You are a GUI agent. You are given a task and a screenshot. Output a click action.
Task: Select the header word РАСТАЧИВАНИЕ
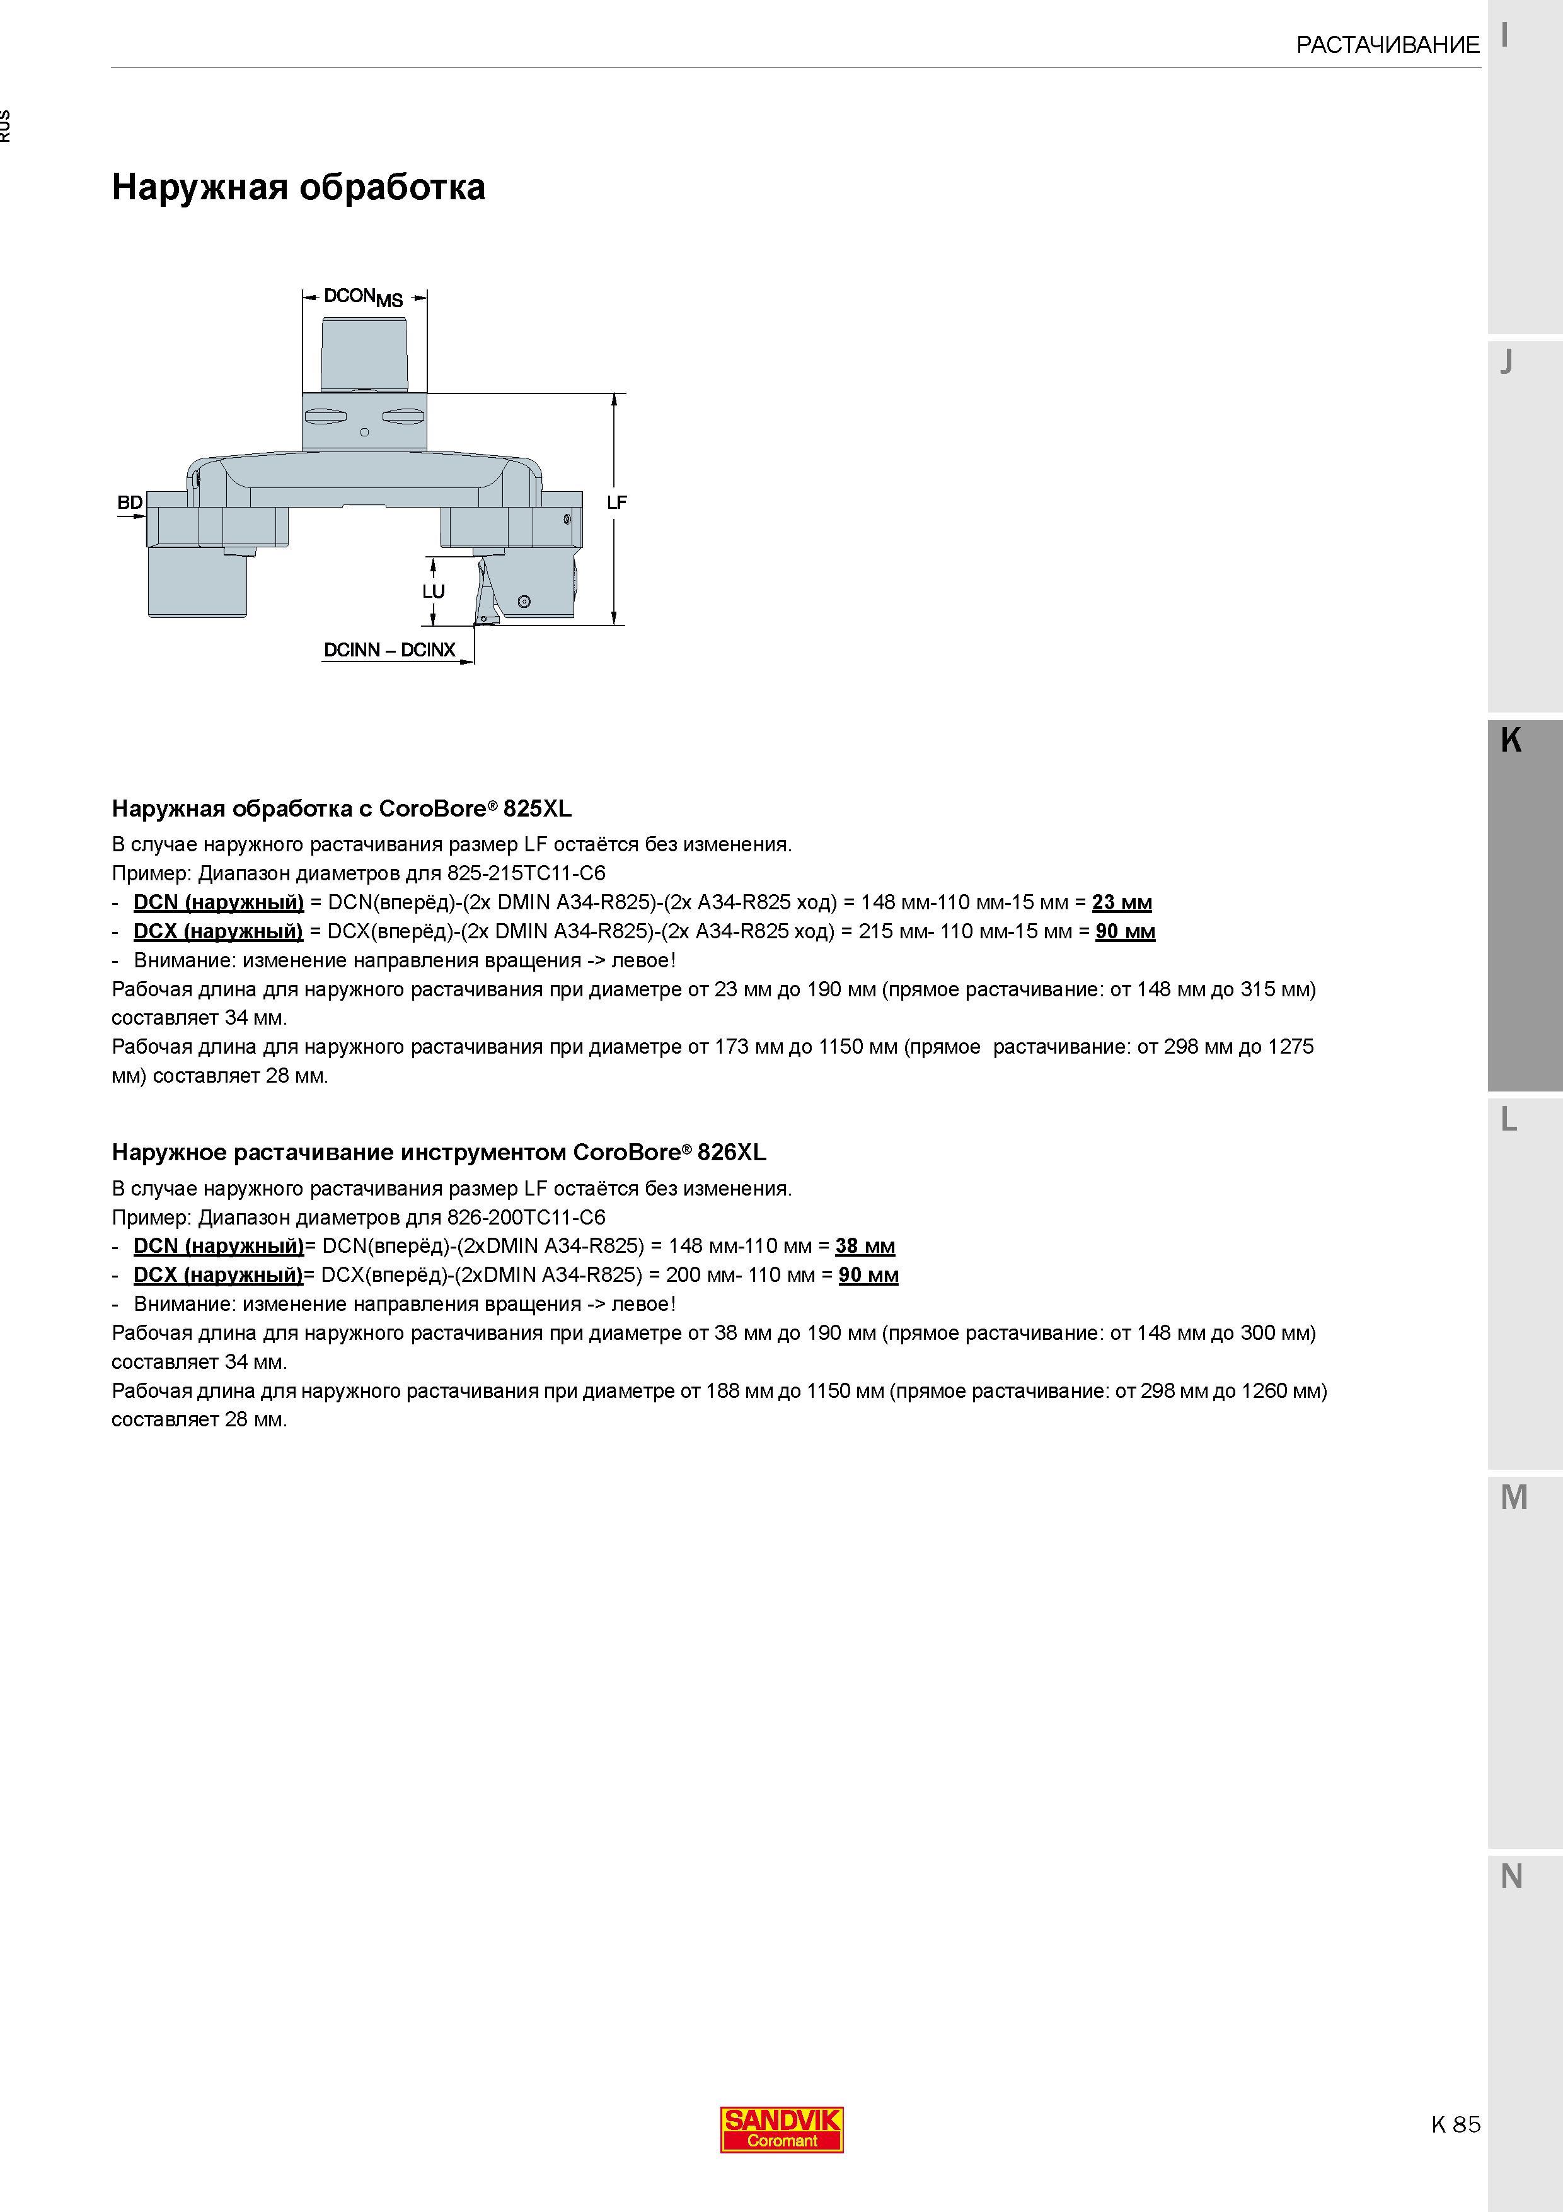1388,44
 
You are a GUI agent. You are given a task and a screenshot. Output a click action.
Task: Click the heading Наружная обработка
299,187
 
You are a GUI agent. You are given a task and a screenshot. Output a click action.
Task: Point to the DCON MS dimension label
363,297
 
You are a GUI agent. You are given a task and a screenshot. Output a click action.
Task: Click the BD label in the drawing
130,502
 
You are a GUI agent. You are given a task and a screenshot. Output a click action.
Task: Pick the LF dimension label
617,502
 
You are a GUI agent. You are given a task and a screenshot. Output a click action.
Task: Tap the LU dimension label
434,591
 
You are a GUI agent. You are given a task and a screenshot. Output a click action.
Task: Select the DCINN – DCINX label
389,650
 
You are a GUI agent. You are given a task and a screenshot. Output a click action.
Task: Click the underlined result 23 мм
1122,903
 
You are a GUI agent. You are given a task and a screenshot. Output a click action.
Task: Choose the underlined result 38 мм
865,1247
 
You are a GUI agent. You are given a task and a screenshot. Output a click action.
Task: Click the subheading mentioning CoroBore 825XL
342,808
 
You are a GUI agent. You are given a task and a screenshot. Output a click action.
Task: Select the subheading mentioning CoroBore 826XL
439,1152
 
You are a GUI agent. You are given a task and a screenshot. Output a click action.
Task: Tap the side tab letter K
1511,740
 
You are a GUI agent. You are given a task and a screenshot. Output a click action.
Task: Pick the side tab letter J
1507,362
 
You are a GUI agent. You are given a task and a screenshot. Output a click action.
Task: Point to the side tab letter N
1512,1876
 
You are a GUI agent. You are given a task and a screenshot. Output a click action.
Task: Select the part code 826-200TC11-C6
526,1218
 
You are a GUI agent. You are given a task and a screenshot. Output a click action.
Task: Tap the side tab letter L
1509,1119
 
